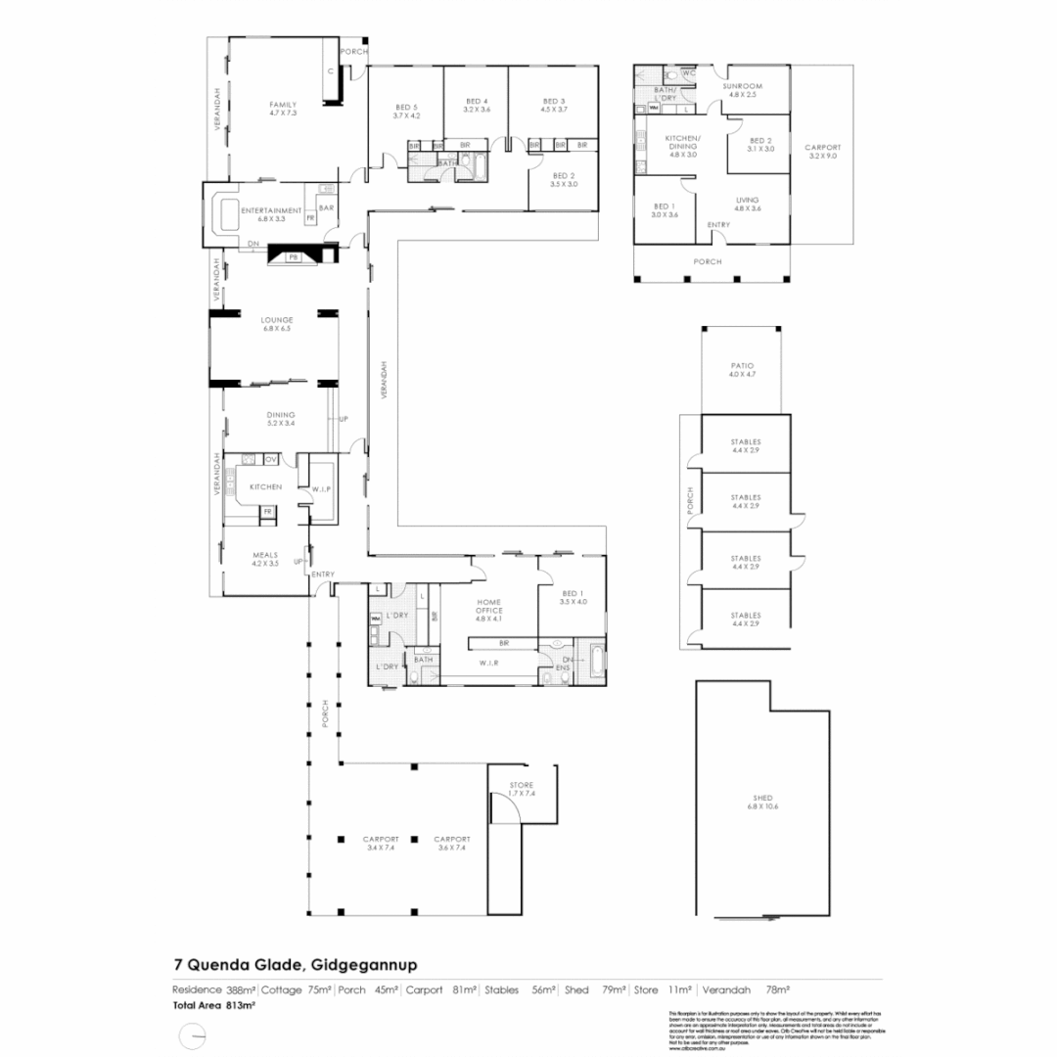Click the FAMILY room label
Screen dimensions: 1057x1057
coord(283,105)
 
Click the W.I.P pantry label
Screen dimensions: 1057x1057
coord(322,488)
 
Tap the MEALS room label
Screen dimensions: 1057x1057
coord(265,554)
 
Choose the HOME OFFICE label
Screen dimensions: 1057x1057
coord(488,604)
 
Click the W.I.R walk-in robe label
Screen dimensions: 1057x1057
coord(490,663)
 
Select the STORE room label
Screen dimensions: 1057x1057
coord(521,785)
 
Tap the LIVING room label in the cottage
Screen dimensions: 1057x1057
coord(747,200)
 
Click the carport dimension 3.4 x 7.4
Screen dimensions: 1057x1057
coord(380,849)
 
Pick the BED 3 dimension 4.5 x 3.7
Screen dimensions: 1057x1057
coord(553,110)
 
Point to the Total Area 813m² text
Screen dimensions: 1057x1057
coord(214,1005)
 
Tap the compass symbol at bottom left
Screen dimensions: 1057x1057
coord(193,1034)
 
